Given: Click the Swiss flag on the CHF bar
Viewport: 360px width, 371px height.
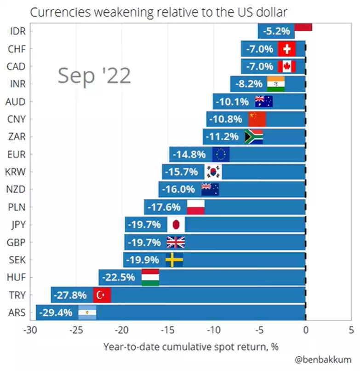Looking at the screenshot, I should tap(286, 49).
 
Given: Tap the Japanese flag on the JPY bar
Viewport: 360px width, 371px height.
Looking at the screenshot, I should tap(176, 225).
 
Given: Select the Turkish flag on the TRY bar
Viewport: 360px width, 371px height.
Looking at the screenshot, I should tap(102, 295).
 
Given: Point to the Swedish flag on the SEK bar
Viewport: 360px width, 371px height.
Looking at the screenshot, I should tap(174, 260).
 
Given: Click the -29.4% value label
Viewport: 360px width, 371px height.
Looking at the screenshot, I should tap(56, 313).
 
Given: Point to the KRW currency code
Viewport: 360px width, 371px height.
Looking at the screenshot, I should tap(16, 172).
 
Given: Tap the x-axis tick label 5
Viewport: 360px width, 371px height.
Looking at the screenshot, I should tap(351, 330).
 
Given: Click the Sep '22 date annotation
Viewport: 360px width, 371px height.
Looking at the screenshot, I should tap(94, 75).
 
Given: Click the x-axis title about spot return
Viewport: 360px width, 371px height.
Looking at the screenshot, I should tap(191, 346).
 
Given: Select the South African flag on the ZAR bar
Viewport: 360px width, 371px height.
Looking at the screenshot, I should tap(254, 137).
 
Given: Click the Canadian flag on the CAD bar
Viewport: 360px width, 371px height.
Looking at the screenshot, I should tap(286, 66).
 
